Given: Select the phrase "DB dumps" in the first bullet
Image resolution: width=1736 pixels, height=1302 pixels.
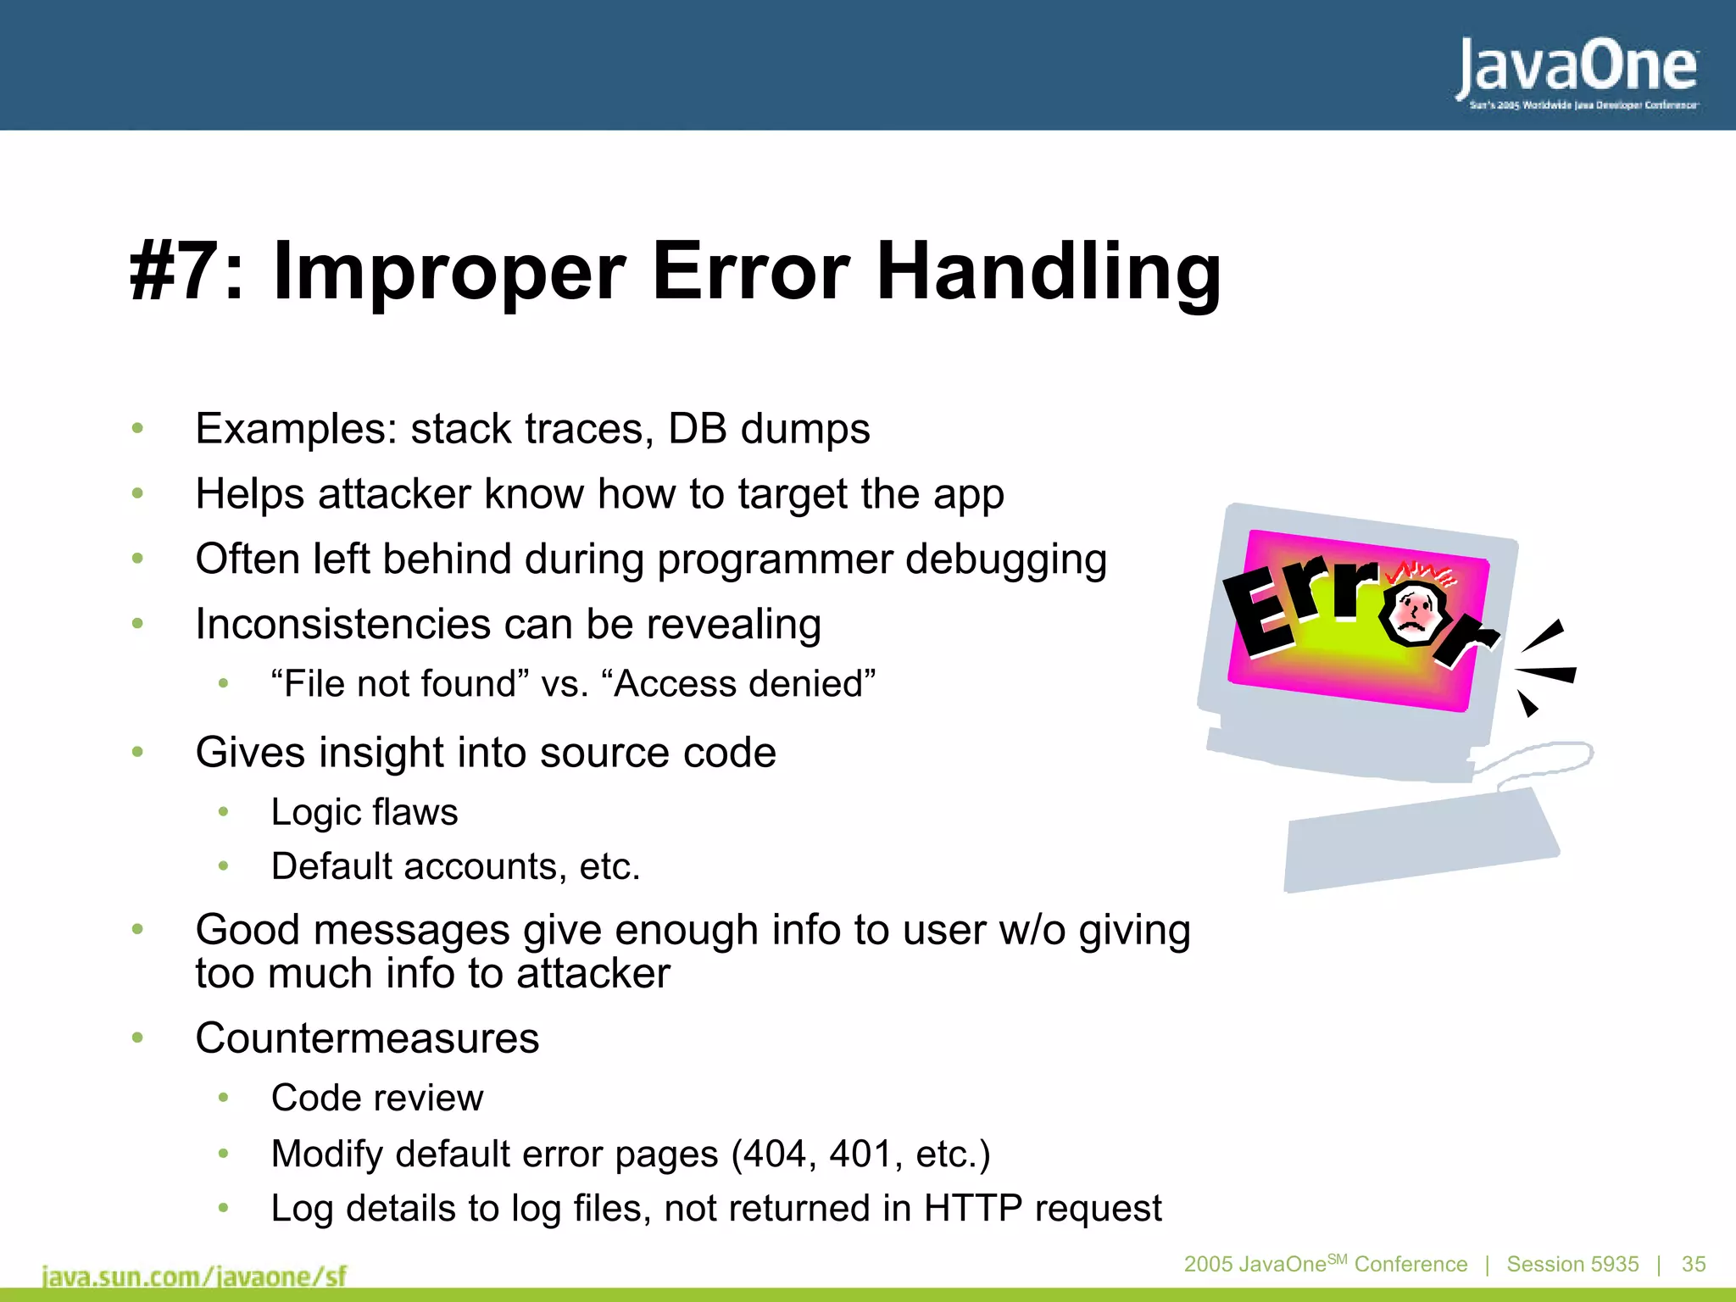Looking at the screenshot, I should [769, 429].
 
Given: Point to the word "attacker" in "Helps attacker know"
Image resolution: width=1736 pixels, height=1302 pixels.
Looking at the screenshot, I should [393, 494].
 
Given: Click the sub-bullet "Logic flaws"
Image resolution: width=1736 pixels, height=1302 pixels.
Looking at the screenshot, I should [364, 812].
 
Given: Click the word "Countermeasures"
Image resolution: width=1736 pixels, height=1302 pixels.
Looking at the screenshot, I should [367, 1038].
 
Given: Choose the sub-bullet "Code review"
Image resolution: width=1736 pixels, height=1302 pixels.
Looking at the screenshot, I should [377, 1099].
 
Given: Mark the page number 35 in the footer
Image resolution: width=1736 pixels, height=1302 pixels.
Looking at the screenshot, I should [1694, 1264].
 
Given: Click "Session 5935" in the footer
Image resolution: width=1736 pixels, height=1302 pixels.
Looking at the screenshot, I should [1572, 1264].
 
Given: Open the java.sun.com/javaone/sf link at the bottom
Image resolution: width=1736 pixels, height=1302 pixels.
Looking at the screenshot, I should [194, 1276].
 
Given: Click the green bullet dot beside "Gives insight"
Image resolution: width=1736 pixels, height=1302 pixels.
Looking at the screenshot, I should [137, 752].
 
